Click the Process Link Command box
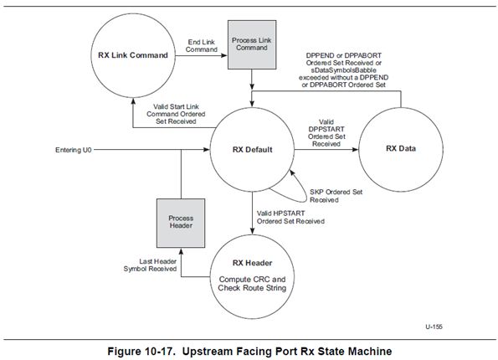click(x=252, y=44)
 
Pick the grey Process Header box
click(x=181, y=223)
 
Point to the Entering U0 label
click(x=74, y=150)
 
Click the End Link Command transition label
click(x=202, y=46)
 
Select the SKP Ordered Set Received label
click(x=336, y=196)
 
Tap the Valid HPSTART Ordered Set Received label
click(x=290, y=218)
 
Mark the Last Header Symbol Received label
click(x=150, y=265)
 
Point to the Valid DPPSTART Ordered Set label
click(x=326, y=133)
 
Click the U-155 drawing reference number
click(x=434, y=327)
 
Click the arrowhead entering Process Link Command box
click(x=224, y=55)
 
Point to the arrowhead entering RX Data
click(x=355, y=149)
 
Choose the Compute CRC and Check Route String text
click(x=252, y=284)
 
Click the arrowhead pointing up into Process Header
click(x=181, y=251)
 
